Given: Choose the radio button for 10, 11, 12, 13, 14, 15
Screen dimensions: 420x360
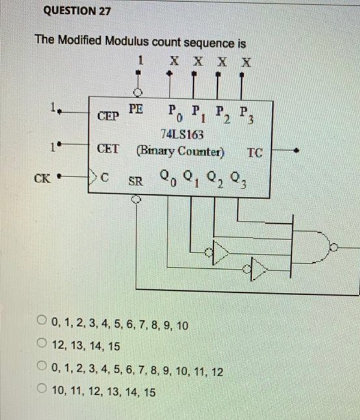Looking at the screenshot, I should [43, 392].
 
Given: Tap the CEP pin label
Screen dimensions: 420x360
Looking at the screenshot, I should [108, 115].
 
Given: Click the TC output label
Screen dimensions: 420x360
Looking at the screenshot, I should [254, 152].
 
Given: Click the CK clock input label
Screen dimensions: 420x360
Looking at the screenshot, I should [42, 178].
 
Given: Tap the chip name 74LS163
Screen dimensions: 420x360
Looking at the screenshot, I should [178, 133].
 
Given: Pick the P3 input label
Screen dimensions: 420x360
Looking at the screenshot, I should [243, 113].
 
